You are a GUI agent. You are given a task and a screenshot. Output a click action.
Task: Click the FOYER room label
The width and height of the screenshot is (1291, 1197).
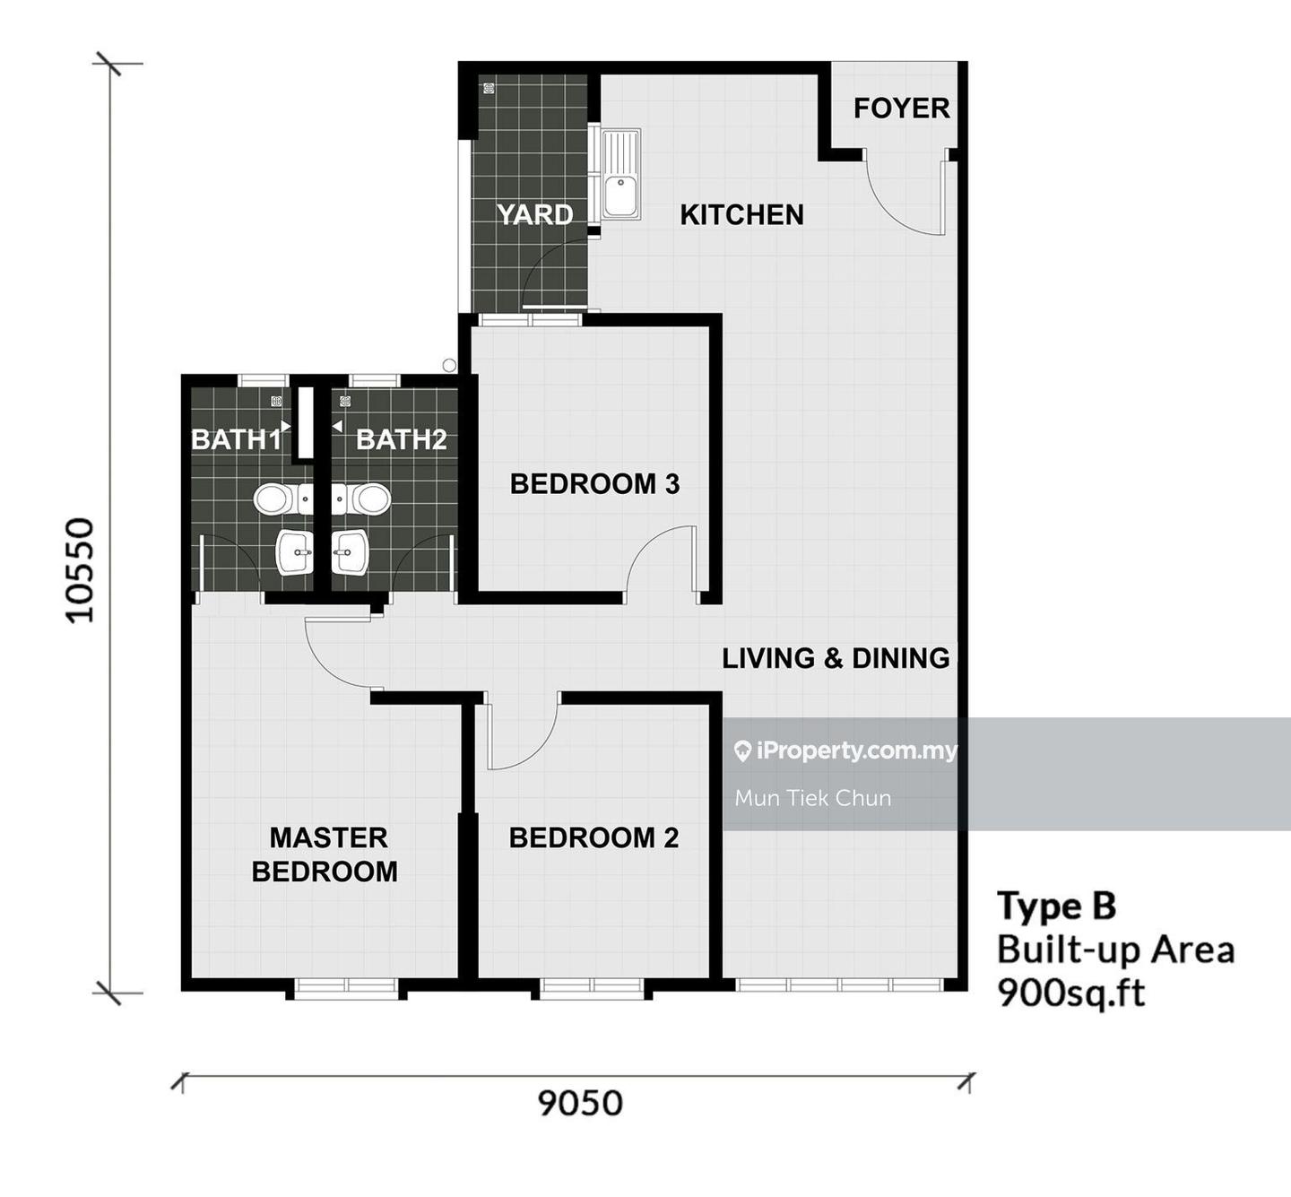pos(902,108)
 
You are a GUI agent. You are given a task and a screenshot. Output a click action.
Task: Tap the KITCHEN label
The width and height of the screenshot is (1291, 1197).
pos(741,214)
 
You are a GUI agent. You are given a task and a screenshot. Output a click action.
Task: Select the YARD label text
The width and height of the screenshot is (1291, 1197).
pos(535,214)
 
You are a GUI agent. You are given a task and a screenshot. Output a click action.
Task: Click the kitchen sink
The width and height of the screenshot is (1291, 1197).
pos(621,173)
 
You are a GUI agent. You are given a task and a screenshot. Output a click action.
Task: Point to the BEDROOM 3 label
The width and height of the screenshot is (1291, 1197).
pos(594,484)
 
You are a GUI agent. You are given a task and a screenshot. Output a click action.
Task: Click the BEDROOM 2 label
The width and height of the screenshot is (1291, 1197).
pos(594,837)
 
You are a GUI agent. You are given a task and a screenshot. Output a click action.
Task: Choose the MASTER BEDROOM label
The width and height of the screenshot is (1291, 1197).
pos(325,854)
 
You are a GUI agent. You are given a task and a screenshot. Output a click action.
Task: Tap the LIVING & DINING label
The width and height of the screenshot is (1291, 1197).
pos(836,658)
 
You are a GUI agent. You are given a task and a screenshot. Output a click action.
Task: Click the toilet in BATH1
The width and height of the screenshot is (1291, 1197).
pos(283,499)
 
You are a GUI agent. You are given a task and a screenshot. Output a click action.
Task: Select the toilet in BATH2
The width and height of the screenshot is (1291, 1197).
pos(361,499)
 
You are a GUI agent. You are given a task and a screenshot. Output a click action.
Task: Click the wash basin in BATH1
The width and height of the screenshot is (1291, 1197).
pos(295,552)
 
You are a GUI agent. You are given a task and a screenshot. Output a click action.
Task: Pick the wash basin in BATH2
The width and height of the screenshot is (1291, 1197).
pos(351,552)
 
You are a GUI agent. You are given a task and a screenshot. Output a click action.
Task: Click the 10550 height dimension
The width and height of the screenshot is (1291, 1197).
pos(81,570)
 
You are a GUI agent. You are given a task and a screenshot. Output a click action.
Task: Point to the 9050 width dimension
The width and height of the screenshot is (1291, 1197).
pos(580,1104)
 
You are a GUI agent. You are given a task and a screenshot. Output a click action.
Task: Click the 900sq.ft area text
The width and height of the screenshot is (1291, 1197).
pos(1070,993)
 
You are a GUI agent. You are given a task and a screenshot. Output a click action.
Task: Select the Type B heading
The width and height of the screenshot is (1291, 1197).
pos(1056,906)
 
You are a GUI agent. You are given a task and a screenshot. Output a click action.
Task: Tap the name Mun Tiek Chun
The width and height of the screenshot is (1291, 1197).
pos(812,798)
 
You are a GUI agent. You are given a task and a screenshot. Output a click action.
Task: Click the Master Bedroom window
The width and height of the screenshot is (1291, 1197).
pos(346,985)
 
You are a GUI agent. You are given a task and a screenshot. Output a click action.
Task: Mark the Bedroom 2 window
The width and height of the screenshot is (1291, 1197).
pos(593,985)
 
